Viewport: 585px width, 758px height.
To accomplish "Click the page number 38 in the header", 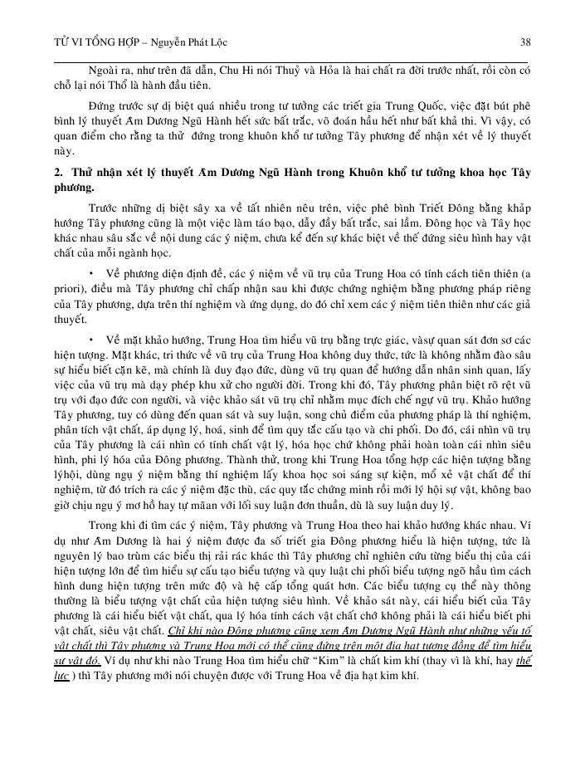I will click(x=524, y=42).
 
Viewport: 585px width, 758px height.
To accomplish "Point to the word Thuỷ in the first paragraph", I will click(x=304, y=69).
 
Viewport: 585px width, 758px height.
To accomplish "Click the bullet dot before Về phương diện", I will click(x=90, y=273).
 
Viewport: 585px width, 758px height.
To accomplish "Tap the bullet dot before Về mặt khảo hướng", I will click(x=90, y=340).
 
